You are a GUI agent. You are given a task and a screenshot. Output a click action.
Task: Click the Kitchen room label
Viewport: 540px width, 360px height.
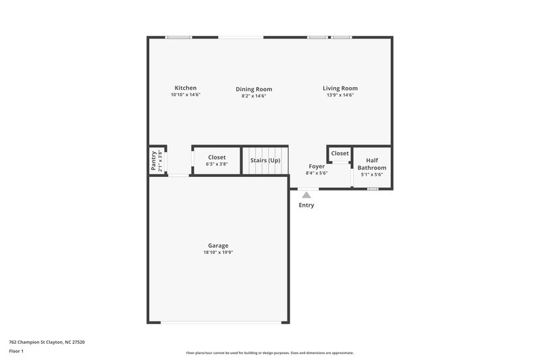[x=186, y=88]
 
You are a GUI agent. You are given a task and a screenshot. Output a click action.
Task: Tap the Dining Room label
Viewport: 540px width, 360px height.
[x=254, y=89]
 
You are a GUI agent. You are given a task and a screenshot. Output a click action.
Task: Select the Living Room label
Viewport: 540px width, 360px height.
[x=340, y=88]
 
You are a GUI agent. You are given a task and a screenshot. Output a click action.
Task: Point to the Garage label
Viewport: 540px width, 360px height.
[x=218, y=245]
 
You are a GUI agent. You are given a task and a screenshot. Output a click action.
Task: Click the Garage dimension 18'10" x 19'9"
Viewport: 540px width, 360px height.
[x=218, y=253]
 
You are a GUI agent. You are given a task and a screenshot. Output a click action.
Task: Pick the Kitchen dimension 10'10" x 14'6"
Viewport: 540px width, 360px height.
[x=186, y=95]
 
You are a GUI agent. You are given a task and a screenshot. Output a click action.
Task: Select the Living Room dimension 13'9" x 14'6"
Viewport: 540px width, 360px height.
[x=340, y=95]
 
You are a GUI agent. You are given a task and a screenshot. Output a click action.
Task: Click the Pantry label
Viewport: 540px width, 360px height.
[x=153, y=161]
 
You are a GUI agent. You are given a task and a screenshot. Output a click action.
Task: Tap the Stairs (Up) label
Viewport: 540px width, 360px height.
[x=265, y=161]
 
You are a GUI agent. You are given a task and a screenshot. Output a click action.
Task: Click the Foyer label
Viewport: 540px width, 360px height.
[x=317, y=166]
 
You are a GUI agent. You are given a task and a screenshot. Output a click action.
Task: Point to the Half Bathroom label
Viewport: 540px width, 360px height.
[x=372, y=164]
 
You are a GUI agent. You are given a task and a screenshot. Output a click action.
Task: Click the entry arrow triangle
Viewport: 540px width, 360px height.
[x=306, y=195]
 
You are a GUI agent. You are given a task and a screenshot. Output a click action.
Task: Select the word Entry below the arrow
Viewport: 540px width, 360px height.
[x=306, y=205]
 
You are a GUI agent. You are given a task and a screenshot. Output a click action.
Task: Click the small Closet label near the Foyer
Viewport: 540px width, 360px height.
[x=340, y=153]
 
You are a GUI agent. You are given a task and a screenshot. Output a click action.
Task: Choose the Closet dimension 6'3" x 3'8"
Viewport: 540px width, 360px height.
[x=217, y=164]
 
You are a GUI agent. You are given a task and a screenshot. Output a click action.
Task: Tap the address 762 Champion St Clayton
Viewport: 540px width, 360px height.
[x=47, y=342]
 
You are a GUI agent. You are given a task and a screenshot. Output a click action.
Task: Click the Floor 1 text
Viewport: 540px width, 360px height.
[x=16, y=351]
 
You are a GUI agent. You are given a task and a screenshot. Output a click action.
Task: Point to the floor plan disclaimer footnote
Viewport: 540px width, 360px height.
[x=269, y=353]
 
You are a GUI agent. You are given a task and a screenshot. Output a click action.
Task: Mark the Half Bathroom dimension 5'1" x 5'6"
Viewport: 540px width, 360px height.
[x=372, y=175]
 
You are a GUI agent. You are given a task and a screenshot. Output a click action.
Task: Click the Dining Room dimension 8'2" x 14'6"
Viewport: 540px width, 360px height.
[x=254, y=96]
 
